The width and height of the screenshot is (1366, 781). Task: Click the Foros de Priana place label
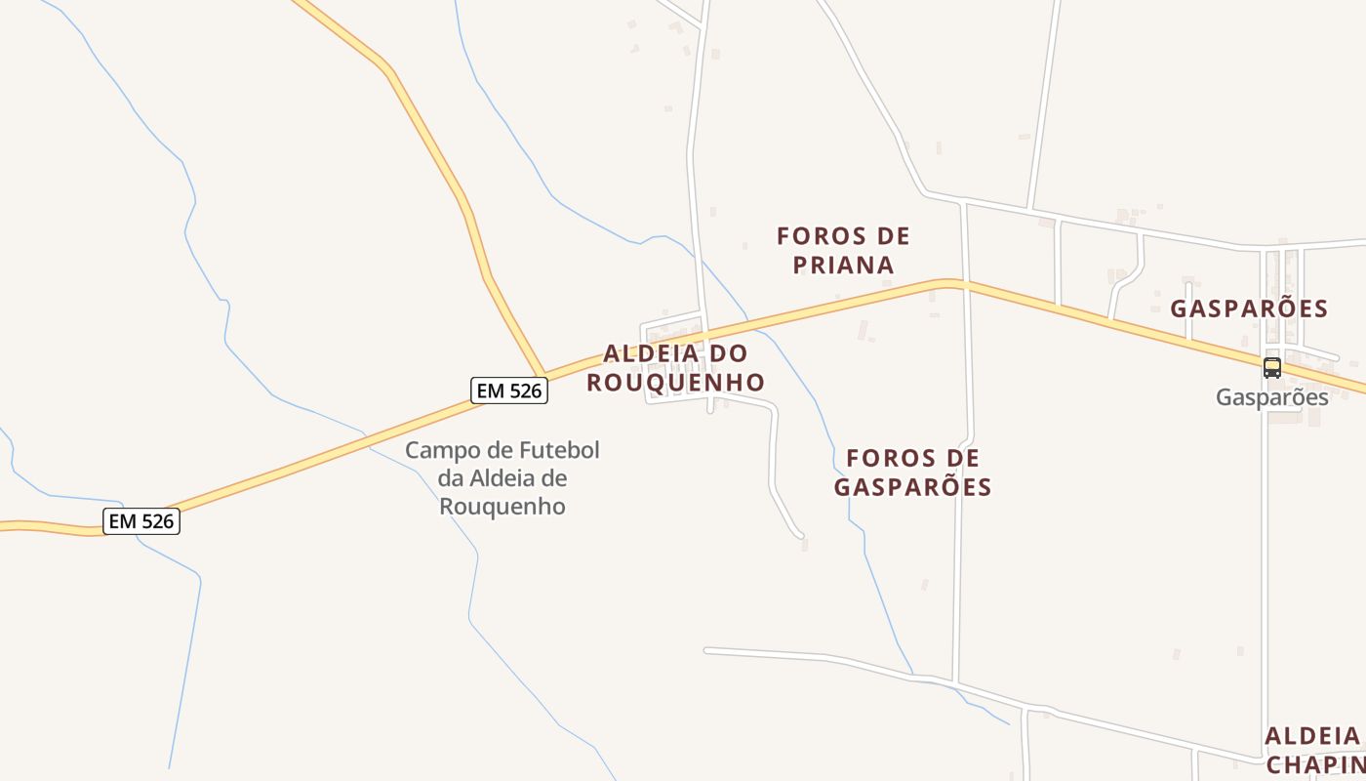coord(843,250)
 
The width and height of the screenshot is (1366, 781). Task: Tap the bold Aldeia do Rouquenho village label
coord(675,367)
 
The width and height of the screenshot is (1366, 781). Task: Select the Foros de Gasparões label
coord(912,473)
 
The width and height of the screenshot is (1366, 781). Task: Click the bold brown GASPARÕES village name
coord(1249,309)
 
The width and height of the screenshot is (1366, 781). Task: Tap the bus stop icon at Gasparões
coord(1271,368)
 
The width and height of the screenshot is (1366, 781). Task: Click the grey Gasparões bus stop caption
coord(1271,397)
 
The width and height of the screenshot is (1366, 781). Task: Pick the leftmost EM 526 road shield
coord(141,521)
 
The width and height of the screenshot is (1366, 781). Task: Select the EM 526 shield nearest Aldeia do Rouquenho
coord(508,390)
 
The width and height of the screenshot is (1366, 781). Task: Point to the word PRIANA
coord(843,265)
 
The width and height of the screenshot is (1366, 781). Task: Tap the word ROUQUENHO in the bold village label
coord(675,382)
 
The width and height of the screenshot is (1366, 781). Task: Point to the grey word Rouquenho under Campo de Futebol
coord(502,507)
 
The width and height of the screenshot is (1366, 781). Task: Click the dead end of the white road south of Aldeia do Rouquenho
coord(800,535)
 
